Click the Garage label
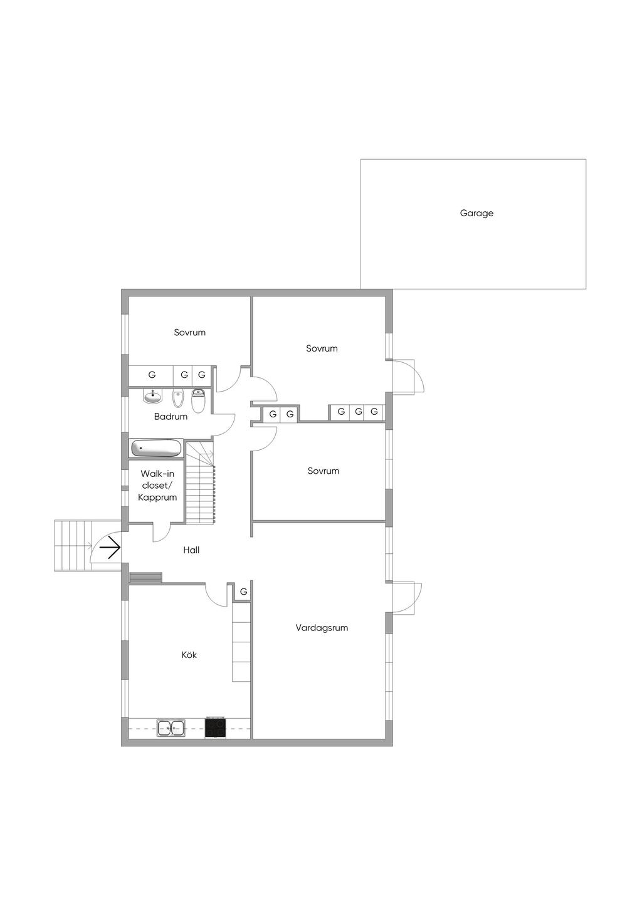(x=476, y=213)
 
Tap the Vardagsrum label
(x=322, y=628)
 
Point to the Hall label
(x=191, y=550)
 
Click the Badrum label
(x=171, y=416)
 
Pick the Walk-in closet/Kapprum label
(x=157, y=485)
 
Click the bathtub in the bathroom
(x=156, y=449)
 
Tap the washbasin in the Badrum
(x=153, y=396)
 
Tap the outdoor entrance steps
(x=73, y=546)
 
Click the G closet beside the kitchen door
(x=243, y=592)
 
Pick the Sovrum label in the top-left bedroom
(x=189, y=332)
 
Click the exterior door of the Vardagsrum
(x=407, y=598)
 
